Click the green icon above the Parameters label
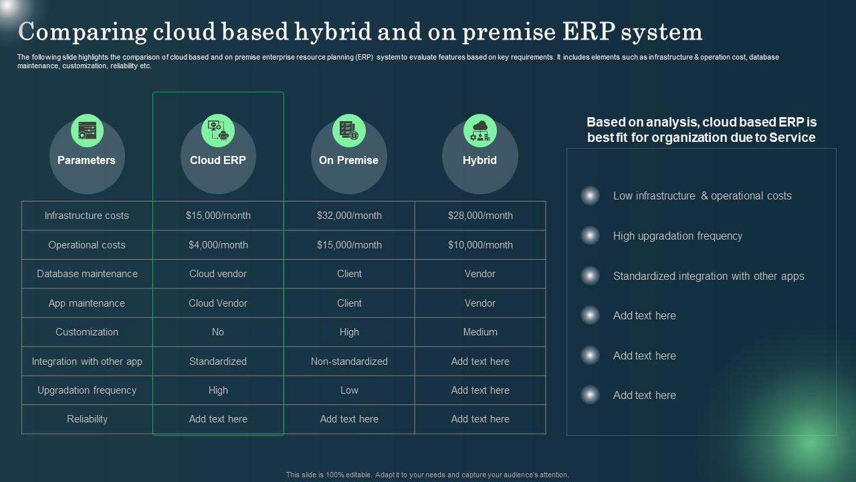(87, 131)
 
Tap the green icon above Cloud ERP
(218, 131)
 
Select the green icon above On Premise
(349, 131)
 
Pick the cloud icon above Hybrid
(480, 131)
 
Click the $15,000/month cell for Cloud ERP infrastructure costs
(218, 216)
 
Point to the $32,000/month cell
(349, 216)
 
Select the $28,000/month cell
(480, 216)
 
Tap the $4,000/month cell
(218, 245)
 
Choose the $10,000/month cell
(480, 245)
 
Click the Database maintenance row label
(87, 274)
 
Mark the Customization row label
(87, 332)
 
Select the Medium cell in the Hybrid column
(480, 332)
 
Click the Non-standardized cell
(349, 361)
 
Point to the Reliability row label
(87, 419)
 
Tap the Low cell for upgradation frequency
(349, 390)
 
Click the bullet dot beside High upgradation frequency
(591, 236)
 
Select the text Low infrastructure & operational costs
(702, 196)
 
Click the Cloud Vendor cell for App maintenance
(218, 303)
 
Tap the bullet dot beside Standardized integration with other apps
(591, 276)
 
